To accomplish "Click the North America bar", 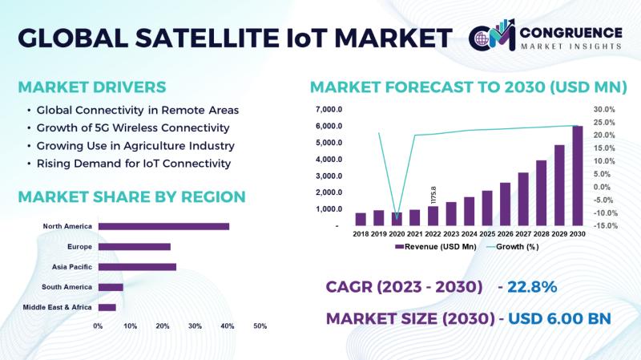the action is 163,226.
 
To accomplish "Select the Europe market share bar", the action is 135,247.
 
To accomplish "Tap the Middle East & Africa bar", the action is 107,307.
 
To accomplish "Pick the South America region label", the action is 67,287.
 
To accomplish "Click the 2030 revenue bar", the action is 577,176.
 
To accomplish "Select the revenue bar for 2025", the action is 487,208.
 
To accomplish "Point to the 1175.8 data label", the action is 433,196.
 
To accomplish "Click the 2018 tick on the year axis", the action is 361,234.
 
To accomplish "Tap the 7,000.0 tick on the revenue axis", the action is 329,110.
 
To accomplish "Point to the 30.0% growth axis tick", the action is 604,110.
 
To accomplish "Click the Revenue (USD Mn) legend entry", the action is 436,247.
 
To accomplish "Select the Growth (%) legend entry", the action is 513,247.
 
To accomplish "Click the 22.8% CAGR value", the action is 532,287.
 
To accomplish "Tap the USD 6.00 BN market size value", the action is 559,318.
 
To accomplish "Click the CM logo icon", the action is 492,34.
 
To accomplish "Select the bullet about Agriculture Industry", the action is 135,146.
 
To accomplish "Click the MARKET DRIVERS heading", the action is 92,87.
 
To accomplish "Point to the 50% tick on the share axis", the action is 260,326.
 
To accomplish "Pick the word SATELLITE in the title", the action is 208,38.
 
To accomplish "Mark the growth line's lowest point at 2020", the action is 397,218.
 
